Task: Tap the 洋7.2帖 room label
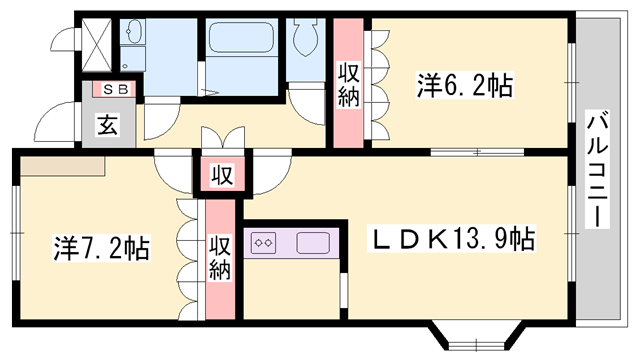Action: [101, 247]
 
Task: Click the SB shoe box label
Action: [109, 90]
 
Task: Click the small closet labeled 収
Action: [222, 176]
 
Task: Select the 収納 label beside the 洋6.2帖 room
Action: [349, 84]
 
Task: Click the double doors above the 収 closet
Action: [222, 140]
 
